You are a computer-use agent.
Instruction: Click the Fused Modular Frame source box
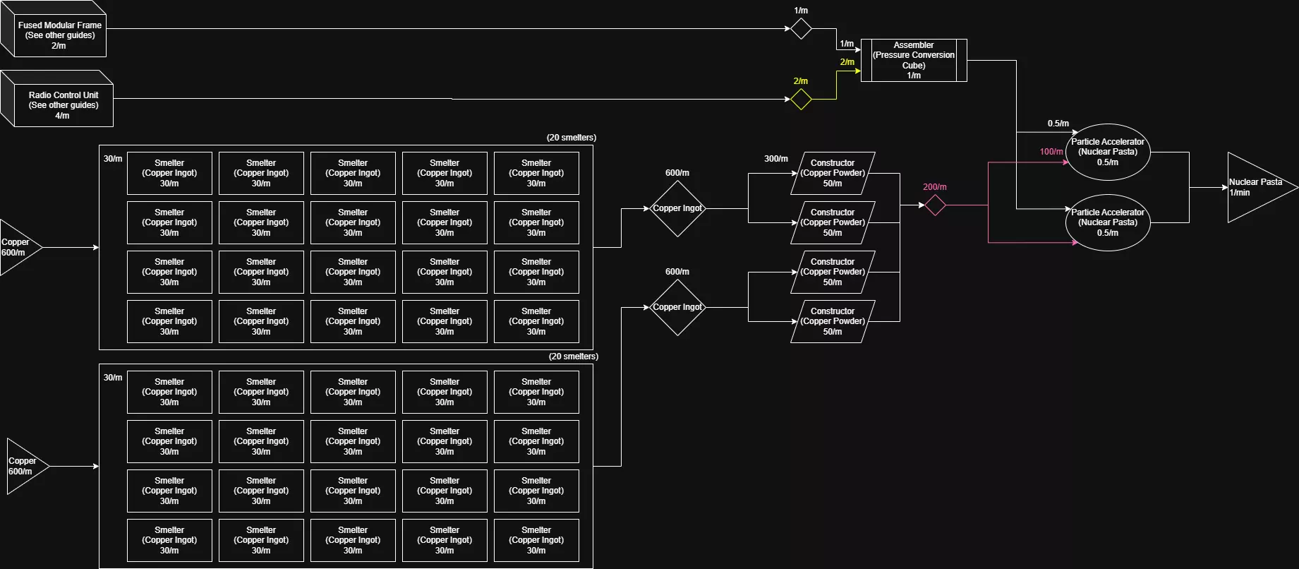point(59,35)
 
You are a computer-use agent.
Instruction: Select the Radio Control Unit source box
point(63,104)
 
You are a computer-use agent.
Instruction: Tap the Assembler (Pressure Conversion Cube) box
point(914,60)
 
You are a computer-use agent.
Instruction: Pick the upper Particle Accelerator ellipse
point(1107,152)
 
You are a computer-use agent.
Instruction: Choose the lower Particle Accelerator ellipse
point(1107,222)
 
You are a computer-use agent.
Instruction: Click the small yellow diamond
point(801,99)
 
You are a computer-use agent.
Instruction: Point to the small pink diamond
point(935,205)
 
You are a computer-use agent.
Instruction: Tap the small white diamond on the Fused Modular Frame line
point(801,29)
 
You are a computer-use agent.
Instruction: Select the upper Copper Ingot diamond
point(677,208)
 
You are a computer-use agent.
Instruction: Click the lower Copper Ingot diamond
point(677,307)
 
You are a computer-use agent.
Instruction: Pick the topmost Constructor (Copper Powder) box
point(833,173)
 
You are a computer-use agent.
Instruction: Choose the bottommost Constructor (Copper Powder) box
point(833,321)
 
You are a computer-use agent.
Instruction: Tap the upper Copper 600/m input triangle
point(18,247)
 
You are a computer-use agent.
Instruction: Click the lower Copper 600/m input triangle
point(25,466)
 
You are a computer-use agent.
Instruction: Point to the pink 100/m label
point(1051,152)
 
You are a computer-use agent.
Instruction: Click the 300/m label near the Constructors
point(775,159)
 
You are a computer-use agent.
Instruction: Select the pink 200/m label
point(934,187)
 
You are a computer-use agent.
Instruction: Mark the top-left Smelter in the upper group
point(169,173)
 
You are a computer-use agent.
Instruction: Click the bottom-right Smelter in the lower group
point(536,540)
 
